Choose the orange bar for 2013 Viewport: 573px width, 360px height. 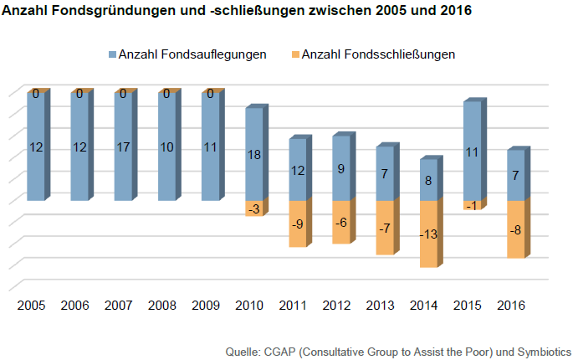pos(384,239)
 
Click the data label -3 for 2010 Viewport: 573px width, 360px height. pos(254,208)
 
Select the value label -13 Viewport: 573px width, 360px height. pos(427,234)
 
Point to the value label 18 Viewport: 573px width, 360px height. pos(254,154)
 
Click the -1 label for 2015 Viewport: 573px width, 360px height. pos(471,206)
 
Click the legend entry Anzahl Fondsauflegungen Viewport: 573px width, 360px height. pos(192,54)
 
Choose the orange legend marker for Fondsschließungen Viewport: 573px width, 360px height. pos(293,54)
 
